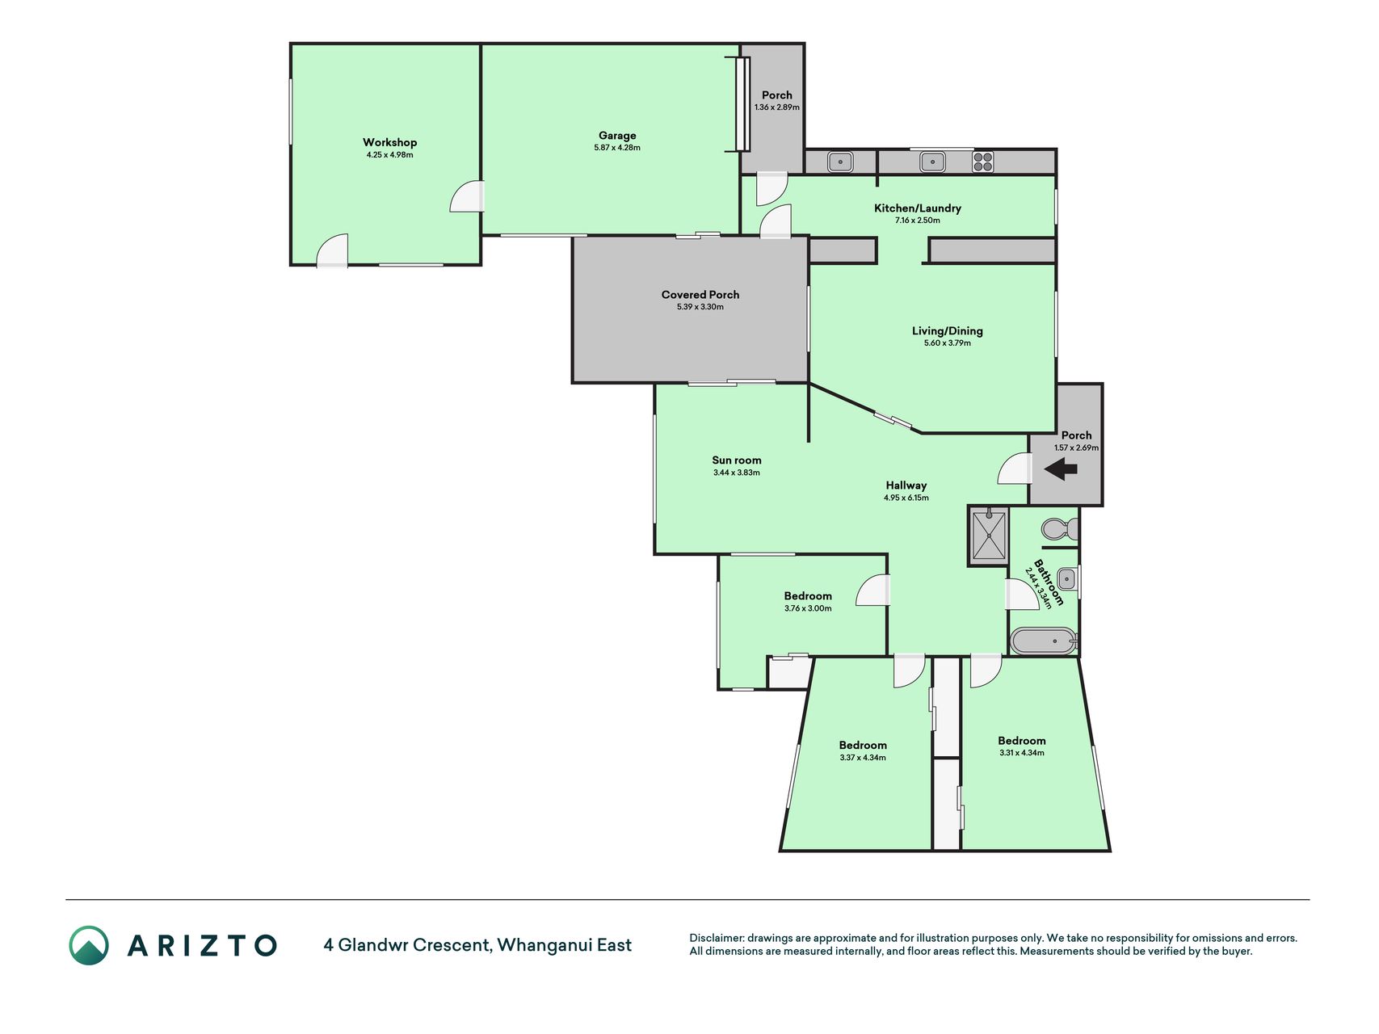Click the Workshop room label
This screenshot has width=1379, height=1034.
[x=389, y=142]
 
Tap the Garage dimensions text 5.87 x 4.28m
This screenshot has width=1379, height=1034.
[x=617, y=148]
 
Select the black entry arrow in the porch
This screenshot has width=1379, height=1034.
[x=1061, y=469]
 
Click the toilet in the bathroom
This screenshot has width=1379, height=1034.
[x=1060, y=529]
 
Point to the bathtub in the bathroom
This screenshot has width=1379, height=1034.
[x=1044, y=641]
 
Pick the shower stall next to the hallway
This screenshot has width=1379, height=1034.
[x=989, y=535]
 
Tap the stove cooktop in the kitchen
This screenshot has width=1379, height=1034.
[x=983, y=162]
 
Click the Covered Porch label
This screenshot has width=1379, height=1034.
[x=700, y=295]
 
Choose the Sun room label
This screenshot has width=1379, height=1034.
[x=737, y=460]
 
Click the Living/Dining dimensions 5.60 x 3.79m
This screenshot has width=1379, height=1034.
[x=948, y=343]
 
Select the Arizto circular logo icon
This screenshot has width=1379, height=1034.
[x=89, y=945]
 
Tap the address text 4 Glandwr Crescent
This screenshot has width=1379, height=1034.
[x=406, y=945]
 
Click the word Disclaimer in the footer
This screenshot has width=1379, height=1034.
[x=716, y=938]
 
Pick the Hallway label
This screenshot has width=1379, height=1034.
[x=906, y=485]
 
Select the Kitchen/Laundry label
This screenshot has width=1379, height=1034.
[x=918, y=208]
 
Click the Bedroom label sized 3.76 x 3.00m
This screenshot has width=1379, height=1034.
[x=808, y=596]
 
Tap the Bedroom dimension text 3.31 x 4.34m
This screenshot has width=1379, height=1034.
[x=1022, y=753]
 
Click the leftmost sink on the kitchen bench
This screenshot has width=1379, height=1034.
[x=840, y=162]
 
